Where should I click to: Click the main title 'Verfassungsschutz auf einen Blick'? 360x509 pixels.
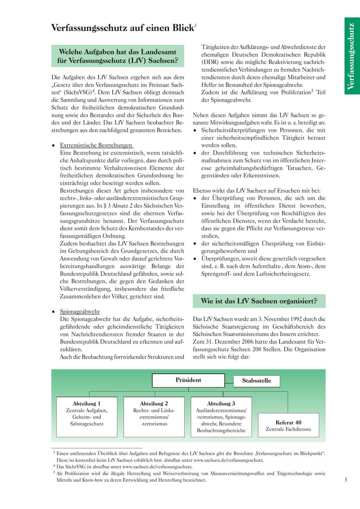[x=122, y=28]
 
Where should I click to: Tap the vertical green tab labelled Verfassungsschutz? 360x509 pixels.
[x=352, y=56]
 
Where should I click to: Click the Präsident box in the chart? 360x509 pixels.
[x=188, y=381]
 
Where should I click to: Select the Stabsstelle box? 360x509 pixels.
[x=256, y=381]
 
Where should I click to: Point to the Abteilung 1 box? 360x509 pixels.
[x=87, y=417]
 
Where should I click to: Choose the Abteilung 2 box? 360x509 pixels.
[x=154, y=417]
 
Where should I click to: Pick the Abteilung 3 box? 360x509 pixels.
[x=221, y=417]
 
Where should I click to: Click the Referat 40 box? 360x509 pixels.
[x=288, y=425]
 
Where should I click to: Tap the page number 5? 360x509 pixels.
[x=346, y=480]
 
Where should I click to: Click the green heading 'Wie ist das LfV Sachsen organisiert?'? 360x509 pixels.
[x=259, y=301]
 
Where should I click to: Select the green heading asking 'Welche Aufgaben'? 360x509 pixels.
[x=118, y=56]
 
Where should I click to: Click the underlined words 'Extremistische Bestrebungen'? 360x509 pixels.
[x=96, y=145]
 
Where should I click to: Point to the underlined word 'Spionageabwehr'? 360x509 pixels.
[x=80, y=311]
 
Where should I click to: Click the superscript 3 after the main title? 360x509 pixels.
[x=195, y=25]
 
